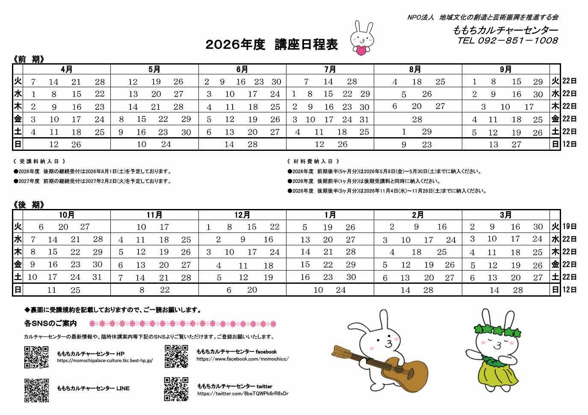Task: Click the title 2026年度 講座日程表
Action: [272, 44]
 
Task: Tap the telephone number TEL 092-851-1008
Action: [507, 41]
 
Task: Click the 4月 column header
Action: [67, 69]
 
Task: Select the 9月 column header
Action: [505, 69]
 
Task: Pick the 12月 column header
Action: [242, 215]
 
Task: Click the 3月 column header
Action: [505, 215]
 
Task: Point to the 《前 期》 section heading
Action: [29, 59]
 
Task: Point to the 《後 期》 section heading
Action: [29, 205]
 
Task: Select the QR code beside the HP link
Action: [36, 357]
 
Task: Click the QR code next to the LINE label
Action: [36, 390]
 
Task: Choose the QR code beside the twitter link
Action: [176, 389]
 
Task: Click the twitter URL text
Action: [242, 394]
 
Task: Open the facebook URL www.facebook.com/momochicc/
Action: [242, 359]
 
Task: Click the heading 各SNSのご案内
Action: [50, 323]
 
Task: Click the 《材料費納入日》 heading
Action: [314, 162]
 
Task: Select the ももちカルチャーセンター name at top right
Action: [505, 30]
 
